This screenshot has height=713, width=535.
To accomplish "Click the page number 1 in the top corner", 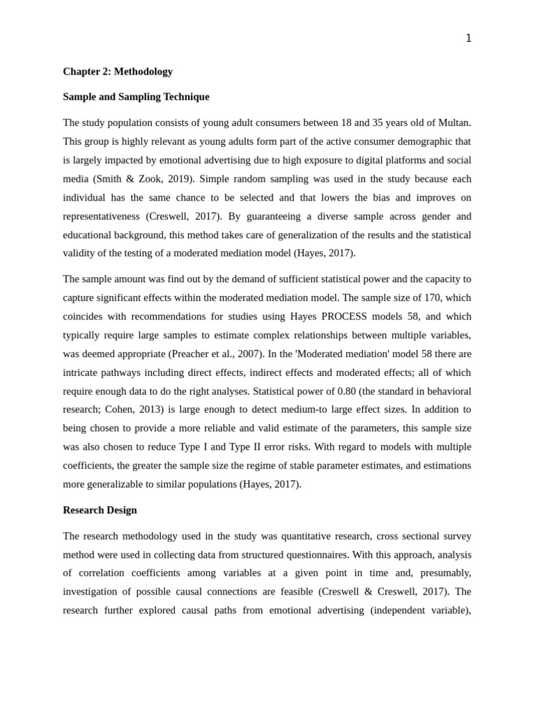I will (x=468, y=38).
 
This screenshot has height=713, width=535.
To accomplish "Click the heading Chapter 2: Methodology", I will (x=118, y=71).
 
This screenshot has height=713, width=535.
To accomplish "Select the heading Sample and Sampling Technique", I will (x=136, y=97).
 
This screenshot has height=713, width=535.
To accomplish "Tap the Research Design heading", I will (x=100, y=510).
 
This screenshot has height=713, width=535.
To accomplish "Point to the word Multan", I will (x=453, y=123).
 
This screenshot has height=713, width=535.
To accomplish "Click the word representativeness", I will (x=102, y=216).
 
